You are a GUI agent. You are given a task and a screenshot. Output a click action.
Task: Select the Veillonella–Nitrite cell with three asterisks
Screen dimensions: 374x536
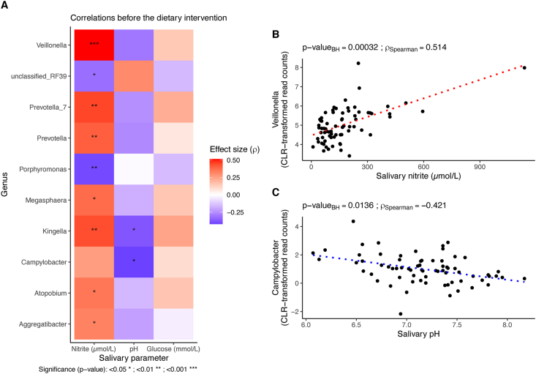93,45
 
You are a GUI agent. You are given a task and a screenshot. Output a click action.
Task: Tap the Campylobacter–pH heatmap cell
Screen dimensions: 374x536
135,261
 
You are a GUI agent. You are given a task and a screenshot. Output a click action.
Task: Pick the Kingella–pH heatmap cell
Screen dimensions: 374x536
135,230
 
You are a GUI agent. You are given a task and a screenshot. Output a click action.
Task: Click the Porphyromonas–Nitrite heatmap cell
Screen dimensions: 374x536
93,168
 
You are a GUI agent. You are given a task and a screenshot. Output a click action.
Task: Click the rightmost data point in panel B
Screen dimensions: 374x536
524,68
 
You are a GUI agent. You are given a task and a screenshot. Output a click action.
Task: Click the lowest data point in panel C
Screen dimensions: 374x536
400,314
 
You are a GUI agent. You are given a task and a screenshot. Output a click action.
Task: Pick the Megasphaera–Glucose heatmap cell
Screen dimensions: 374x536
175,199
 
